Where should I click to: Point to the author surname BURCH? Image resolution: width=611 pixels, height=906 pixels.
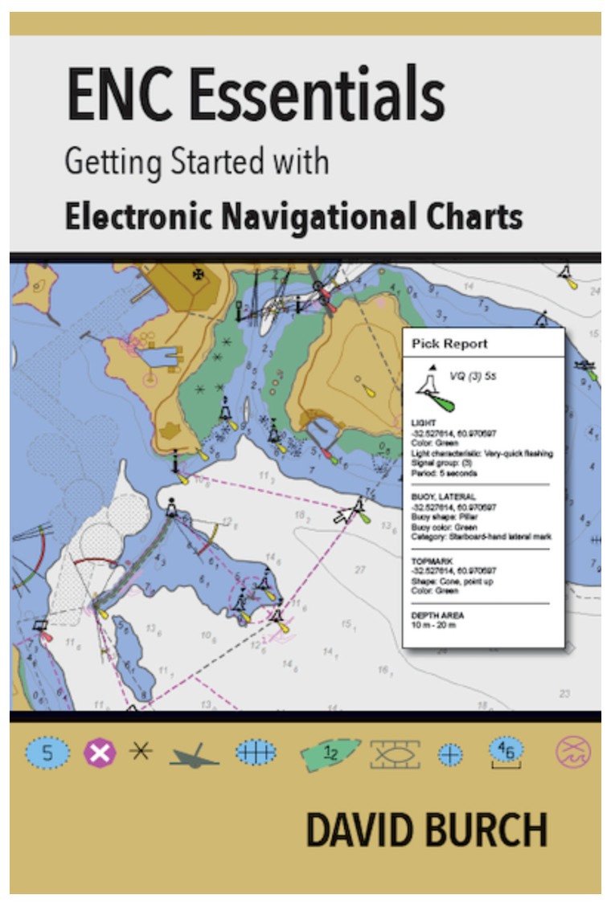click(x=478, y=830)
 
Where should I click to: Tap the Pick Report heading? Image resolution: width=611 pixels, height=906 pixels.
click(x=449, y=344)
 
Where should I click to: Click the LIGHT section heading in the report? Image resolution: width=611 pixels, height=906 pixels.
click(x=421, y=422)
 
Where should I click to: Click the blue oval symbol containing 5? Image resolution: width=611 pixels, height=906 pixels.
click(x=47, y=753)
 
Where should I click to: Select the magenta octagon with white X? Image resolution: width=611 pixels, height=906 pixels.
click(x=100, y=753)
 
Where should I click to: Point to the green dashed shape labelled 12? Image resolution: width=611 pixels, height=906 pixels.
click(x=330, y=753)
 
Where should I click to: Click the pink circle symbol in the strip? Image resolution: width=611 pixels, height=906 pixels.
click(x=573, y=753)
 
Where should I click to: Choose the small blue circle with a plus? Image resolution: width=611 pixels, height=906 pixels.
click(x=450, y=754)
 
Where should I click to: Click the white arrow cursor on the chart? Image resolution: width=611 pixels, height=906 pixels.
click(x=345, y=513)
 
